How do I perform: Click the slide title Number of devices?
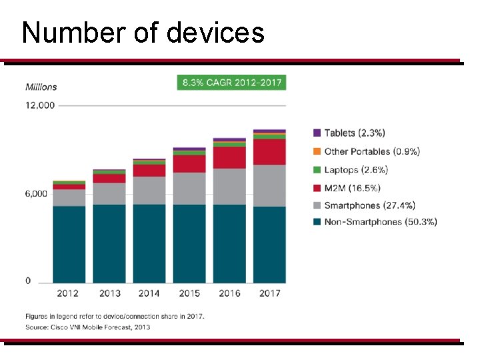(x=143, y=32)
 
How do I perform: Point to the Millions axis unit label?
(x=41, y=87)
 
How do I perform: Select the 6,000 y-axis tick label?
(x=37, y=193)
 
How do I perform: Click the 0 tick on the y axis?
(x=28, y=281)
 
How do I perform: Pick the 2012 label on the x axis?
(x=69, y=293)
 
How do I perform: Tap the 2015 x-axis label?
(x=189, y=293)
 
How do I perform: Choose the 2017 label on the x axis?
(x=269, y=293)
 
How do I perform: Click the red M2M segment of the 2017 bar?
(x=269, y=152)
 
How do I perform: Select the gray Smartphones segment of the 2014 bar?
(x=149, y=190)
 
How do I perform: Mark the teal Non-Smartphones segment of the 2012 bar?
(x=69, y=244)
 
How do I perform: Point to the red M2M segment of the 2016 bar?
(x=229, y=157)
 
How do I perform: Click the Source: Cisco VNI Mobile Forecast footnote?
(x=88, y=327)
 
